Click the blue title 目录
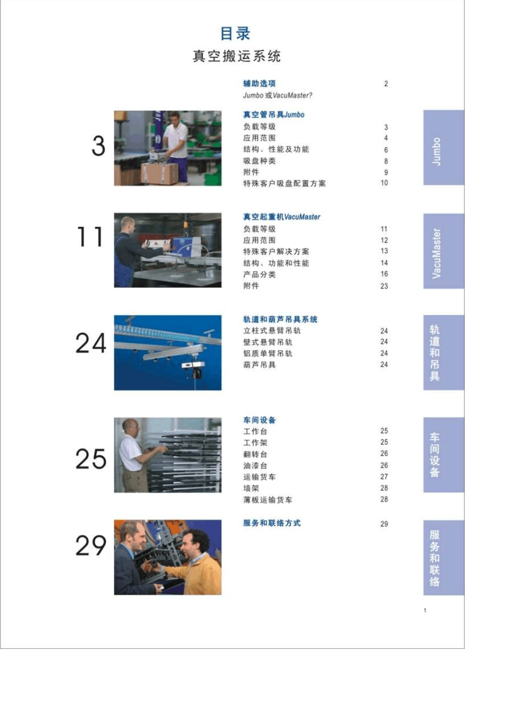[x=235, y=34]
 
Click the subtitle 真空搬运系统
[x=237, y=56]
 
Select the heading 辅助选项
[x=259, y=84]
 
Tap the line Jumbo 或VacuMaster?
[x=278, y=95]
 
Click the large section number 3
[x=98, y=146]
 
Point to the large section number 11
[x=90, y=237]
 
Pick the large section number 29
[x=91, y=545]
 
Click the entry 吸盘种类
[x=259, y=161]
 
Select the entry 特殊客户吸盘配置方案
[x=284, y=183]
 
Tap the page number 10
[x=384, y=183]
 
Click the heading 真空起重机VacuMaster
[x=281, y=217]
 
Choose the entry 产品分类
[x=259, y=274]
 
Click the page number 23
[x=384, y=286]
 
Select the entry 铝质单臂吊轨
[x=268, y=354]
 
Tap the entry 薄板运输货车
[x=268, y=500]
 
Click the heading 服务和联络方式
[x=272, y=523]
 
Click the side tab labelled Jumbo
[x=444, y=148]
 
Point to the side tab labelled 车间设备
[x=444, y=455]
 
